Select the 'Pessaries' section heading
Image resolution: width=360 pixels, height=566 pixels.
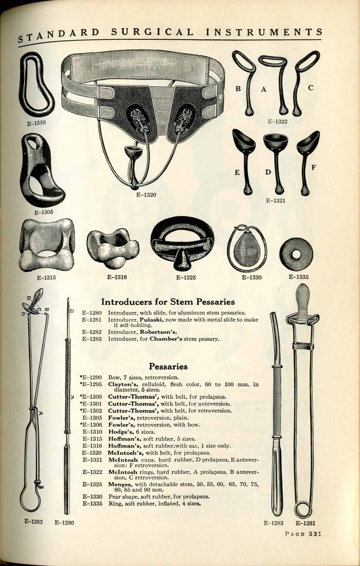click(x=168, y=366)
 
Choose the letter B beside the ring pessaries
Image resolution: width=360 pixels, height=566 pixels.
click(x=238, y=88)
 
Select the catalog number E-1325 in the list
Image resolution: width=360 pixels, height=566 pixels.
click(x=92, y=483)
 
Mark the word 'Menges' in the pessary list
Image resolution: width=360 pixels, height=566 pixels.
click(x=120, y=483)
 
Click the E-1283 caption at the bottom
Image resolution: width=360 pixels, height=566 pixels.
click(x=273, y=523)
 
